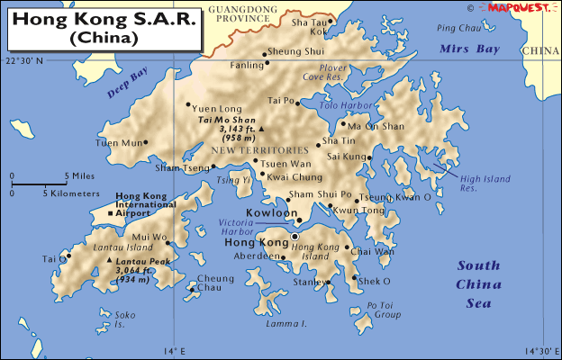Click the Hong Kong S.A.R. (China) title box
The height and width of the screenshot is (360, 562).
point(103,28)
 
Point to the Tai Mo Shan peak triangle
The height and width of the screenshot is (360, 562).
point(260,129)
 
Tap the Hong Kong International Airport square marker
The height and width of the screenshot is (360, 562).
point(110,213)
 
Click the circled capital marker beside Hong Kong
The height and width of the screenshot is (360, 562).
point(295,238)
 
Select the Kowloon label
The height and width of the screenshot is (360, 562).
point(271,214)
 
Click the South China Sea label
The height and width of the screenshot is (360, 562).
point(478,284)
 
